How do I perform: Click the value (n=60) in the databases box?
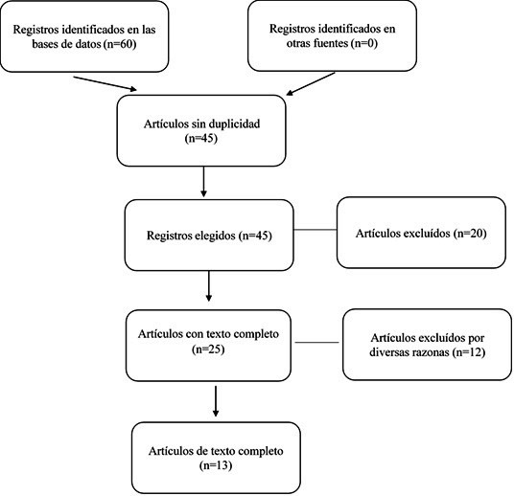[x=120, y=44]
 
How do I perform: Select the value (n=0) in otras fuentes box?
[x=363, y=43]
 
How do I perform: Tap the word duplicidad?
[x=234, y=124]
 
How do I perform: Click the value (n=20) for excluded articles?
[x=470, y=233]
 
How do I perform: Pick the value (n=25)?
[x=208, y=349]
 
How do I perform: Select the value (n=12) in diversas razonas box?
[x=468, y=352]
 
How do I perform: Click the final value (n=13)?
[x=216, y=465]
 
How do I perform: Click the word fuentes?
[x=331, y=43]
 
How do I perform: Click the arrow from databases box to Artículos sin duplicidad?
[x=105, y=83]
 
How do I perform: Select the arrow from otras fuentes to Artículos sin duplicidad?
[x=311, y=84]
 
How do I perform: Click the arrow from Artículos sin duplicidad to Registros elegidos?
[x=203, y=182]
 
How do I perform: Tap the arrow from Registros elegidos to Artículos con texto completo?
[x=208, y=286]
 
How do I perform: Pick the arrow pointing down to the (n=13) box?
[x=216, y=401]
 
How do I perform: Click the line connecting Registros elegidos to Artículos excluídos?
[x=315, y=230]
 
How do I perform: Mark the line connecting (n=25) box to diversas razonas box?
[x=317, y=343]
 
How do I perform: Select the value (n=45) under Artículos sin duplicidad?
[x=201, y=138]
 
